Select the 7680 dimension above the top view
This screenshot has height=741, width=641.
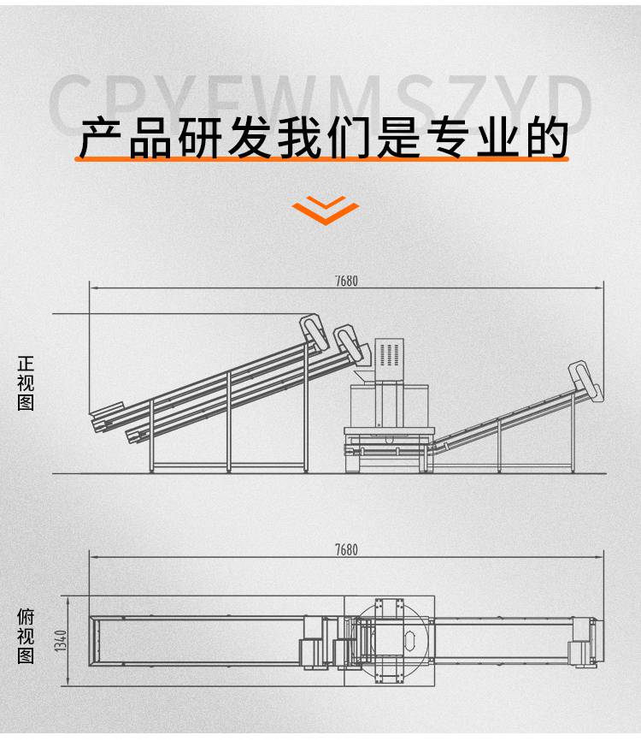tap(346, 550)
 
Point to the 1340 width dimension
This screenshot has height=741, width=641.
tap(61, 641)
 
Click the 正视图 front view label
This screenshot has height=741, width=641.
tap(26, 384)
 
